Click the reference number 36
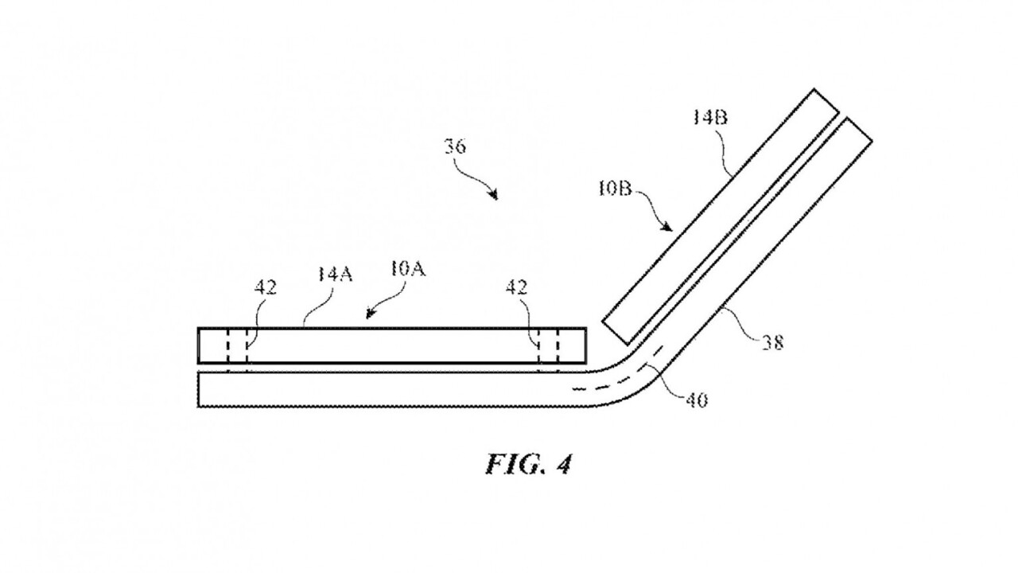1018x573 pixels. [x=455, y=147]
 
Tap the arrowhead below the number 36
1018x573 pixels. [x=495, y=196]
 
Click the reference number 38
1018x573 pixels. [x=771, y=342]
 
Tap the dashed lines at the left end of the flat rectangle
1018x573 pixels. [x=237, y=347]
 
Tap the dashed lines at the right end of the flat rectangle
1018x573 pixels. [x=548, y=347]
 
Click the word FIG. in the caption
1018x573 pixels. [x=512, y=464]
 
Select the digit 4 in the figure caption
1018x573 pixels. [x=563, y=464]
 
